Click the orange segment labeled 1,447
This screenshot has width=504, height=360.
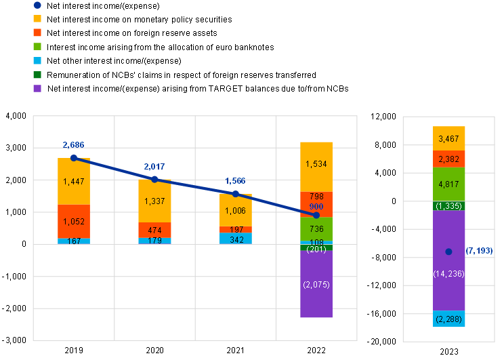point(74,182)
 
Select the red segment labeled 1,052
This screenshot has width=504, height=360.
point(74,221)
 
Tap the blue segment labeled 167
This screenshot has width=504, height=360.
point(74,241)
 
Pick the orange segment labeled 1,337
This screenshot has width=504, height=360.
point(154,201)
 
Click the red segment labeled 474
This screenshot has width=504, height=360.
point(154,231)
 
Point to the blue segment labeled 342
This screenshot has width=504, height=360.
point(236,239)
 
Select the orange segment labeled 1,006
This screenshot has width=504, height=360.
point(236,210)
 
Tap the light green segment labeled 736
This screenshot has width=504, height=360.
point(316,229)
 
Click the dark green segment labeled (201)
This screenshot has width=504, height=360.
point(316,248)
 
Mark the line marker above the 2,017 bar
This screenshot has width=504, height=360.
point(154,179)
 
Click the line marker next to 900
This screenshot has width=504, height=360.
point(316,215)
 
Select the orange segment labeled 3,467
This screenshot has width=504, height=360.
point(449,138)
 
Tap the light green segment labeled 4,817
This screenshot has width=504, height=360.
point(449,184)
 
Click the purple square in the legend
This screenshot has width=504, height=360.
point(37,88)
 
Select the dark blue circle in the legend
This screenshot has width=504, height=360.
point(37,5)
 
